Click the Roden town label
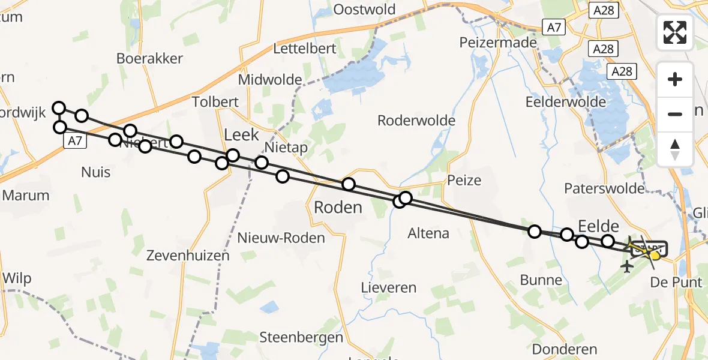click(338, 208)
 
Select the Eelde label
click(598, 226)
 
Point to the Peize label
click(464, 180)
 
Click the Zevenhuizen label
click(188, 256)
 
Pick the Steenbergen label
click(301, 337)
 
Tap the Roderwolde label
click(416, 121)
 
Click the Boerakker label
click(149, 59)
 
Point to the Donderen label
click(565, 349)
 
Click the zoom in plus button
click(675, 79)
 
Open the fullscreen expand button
click(675, 32)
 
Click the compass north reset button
click(675, 149)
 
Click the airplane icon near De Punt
click(628, 266)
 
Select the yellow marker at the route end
click(655, 255)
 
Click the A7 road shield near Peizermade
click(554, 27)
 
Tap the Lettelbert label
click(299, 48)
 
